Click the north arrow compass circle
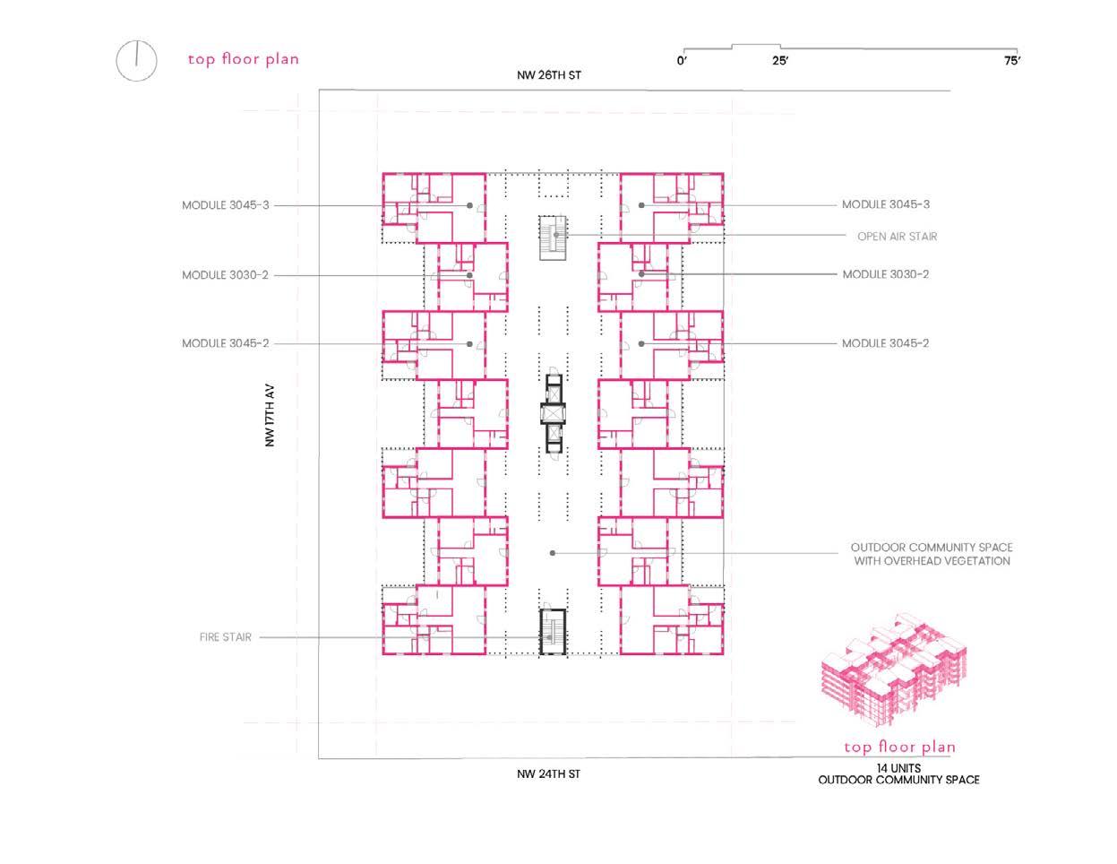(x=136, y=60)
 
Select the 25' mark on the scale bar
(x=779, y=61)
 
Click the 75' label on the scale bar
(x=1011, y=61)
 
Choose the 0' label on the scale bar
(x=683, y=61)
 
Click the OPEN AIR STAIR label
(x=897, y=237)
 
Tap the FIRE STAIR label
(x=226, y=637)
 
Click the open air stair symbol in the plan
(x=553, y=238)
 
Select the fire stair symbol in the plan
(x=553, y=633)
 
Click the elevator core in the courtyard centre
(x=553, y=413)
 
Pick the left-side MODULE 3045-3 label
(x=226, y=205)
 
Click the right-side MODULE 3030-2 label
(x=885, y=274)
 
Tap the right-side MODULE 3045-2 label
(x=885, y=343)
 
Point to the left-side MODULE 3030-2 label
(x=226, y=275)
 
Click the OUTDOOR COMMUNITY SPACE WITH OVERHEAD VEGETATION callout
(x=932, y=554)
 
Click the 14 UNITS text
(x=898, y=768)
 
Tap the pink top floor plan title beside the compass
(x=244, y=59)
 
